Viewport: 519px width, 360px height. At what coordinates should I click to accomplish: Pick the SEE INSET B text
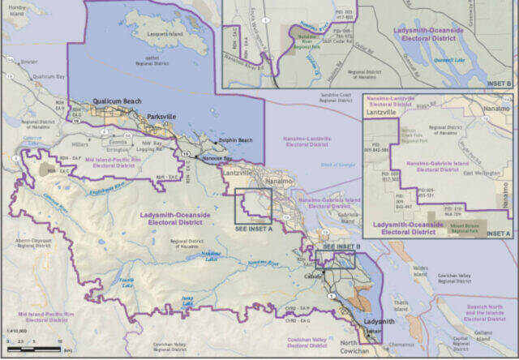click(x=341, y=246)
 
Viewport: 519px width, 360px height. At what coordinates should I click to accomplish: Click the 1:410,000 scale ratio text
click(x=16, y=332)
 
